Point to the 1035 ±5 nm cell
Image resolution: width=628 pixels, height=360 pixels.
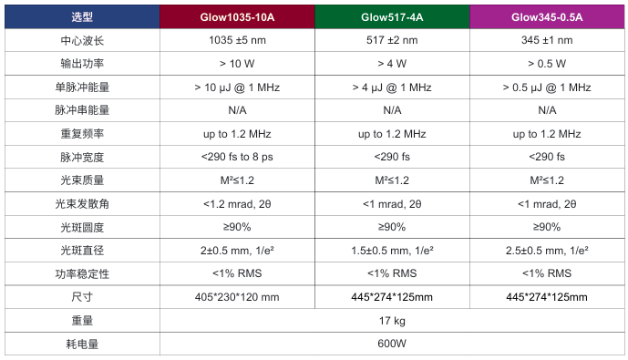coord(236,41)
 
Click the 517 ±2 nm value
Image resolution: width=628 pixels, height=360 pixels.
coord(391,41)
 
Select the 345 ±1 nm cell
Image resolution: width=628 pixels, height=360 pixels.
coord(547,41)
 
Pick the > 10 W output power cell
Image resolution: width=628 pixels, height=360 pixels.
coord(236,64)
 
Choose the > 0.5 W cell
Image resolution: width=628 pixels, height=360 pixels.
coord(547,64)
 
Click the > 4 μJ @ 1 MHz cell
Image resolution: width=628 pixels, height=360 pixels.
coord(391,87)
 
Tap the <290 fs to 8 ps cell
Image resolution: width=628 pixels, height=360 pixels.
coord(236,157)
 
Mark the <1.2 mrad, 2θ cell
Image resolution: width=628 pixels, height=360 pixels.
coord(236,203)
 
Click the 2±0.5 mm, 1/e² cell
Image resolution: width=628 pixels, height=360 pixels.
coord(236,250)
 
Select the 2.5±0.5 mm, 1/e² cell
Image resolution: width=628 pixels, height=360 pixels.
coord(547,250)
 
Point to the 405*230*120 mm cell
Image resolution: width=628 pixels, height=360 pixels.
coord(236,297)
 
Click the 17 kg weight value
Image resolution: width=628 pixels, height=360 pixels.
coord(391,321)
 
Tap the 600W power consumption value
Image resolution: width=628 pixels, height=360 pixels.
coord(391,344)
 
